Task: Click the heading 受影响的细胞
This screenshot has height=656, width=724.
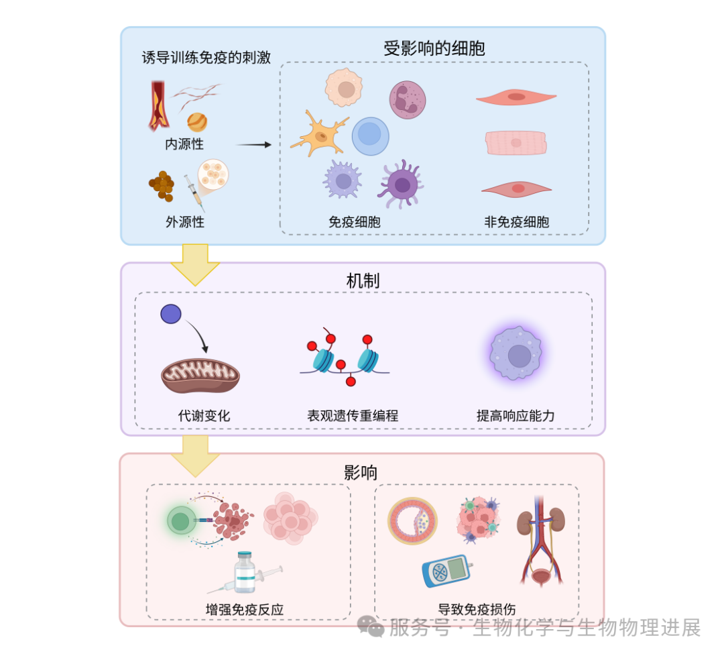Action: pos(434,48)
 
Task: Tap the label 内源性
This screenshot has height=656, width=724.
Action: pos(184,144)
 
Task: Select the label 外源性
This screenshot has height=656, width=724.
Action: pos(184,221)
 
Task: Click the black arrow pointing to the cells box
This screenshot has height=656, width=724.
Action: pos(254,144)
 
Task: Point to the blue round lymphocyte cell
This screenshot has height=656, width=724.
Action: pos(370,136)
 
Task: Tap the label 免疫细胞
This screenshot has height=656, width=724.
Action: pos(354,222)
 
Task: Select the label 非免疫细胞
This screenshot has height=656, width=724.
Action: pos(516,222)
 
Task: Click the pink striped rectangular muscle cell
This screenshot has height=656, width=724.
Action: pos(516,143)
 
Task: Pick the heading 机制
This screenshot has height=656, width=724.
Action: pos(363,280)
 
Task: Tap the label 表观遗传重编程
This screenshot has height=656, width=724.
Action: pos(353,416)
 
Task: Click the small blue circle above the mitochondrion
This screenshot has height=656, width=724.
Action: pos(171,314)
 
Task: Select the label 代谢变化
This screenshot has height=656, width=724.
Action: pos(204,416)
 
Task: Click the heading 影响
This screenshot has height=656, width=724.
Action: pos(361,472)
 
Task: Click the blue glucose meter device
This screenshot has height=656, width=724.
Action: pos(446,571)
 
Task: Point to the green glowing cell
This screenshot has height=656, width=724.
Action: pos(179,521)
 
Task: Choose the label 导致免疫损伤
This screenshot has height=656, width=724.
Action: pos(477,610)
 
